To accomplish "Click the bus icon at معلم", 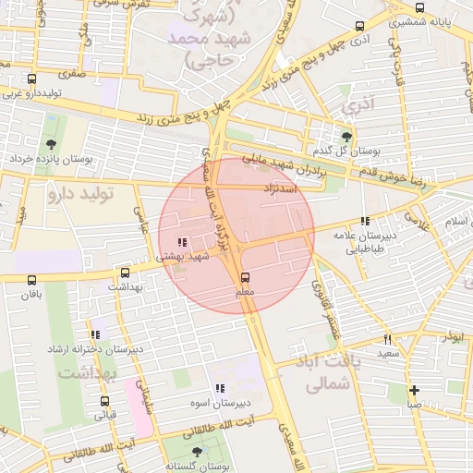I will pos(245,277).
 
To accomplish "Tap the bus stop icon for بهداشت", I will pos(126,273).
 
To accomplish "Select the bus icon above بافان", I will pos(32,280).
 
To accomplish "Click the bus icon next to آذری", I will pos(360,26).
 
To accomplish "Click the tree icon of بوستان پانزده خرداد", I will pos(50,143).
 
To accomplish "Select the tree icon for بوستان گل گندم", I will pos(346,136).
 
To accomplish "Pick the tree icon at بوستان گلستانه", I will pos(196,452).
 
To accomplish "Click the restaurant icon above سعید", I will pos(387,339).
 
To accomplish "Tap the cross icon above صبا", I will pos(414,390).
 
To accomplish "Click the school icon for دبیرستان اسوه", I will pos(219,389).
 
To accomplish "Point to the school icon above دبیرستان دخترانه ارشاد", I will pos(95,334).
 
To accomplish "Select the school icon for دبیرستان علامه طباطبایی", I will pos(365,221).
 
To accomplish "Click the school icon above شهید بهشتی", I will pos(180,243).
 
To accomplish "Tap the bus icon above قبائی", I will pos(104,402).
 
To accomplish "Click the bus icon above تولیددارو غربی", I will pos(32,79).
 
